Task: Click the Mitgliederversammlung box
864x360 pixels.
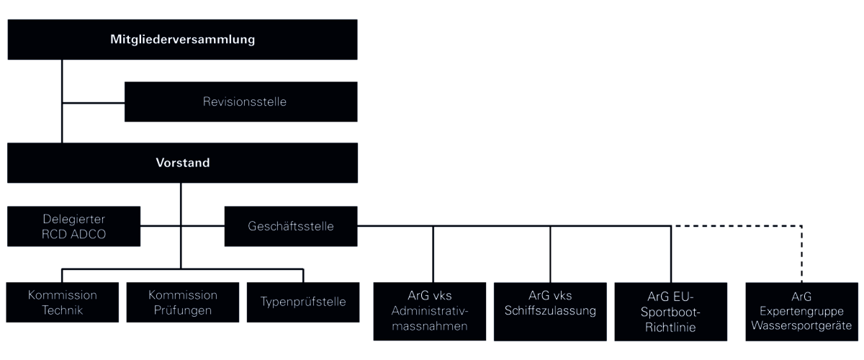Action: [182, 40]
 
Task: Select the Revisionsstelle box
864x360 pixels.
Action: [241, 102]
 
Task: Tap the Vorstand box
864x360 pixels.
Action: [182, 163]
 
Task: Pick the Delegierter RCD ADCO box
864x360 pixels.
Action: [73, 227]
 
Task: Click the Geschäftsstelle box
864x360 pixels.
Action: [291, 227]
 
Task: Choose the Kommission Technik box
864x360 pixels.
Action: [63, 302]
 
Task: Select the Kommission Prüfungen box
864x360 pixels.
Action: [183, 302]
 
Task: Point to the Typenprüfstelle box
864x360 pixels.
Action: [303, 302]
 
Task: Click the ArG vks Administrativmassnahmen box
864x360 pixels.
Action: [430, 312]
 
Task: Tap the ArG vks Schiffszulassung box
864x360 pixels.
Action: [550, 312]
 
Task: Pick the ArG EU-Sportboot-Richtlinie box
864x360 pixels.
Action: [671, 312]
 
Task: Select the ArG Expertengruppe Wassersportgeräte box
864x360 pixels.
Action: [802, 312]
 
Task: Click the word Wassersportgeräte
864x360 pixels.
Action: [801, 325]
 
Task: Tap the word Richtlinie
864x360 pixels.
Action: [670, 328]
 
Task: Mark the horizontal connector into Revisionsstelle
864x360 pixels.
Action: [94, 103]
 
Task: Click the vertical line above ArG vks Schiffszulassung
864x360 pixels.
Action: [550, 254]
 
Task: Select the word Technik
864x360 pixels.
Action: [63, 310]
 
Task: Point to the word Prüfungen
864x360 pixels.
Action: [183, 310]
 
